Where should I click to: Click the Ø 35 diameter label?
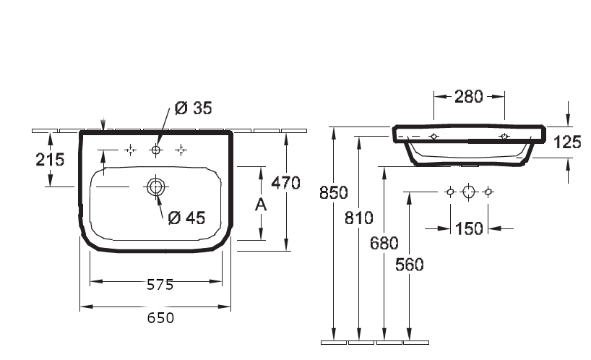coord(194,109)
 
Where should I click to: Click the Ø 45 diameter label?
coord(186,217)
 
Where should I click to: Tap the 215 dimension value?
coord(50,160)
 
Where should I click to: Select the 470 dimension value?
coord(285,183)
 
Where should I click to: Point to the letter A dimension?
coord(262,205)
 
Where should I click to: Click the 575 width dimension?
coord(155,284)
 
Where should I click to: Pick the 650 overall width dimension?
coord(155,317)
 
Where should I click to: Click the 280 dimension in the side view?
coord(468,97)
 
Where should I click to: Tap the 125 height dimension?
coord(567,142)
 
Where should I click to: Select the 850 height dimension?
coord(333,193)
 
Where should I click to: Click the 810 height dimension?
coord(358,218)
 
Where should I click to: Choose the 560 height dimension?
coord(409,265)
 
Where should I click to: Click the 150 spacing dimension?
coord(469,228)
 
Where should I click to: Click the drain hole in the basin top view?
coord(155,187)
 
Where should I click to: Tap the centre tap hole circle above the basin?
coord(155,150)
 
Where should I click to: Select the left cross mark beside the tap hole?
coord(130,150)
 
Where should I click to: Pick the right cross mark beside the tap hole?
coord(181,150)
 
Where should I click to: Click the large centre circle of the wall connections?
coord(469,192)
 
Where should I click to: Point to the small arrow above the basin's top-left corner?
coord(106,125)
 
